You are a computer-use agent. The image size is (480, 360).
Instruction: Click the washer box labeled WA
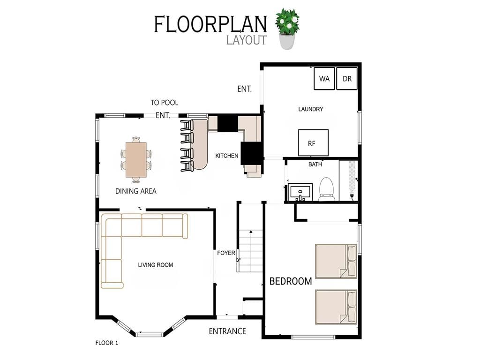(x=324, y=78)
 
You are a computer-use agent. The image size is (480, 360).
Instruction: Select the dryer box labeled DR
(x=347, y=78)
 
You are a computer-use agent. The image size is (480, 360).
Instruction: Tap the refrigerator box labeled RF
(x=313, y=142)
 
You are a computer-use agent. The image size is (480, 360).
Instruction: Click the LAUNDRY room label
(x=311, y=109)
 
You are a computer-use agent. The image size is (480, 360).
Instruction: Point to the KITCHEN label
(x=227, y=156)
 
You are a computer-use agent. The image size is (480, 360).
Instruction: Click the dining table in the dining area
(x=136, y=160)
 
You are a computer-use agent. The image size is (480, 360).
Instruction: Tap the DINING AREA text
(x=136, y=191)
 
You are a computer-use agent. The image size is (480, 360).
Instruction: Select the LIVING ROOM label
(x=156, y=265)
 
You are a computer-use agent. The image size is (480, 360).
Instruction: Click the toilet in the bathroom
(x=326, y=189)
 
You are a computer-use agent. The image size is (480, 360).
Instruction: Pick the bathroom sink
(x=300, y=192)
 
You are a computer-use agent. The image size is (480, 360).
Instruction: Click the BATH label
(x=315, y=165)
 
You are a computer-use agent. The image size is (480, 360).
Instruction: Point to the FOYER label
(x=226, y=253)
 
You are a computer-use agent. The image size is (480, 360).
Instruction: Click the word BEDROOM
(x=291, y=281)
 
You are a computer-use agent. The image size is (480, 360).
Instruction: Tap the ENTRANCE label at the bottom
(x=227, y=331)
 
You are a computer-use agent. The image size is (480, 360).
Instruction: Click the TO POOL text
(x=165, y=103)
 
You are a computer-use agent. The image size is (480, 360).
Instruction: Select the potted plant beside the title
(x=287, y=29)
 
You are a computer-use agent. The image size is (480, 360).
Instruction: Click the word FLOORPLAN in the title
(x=210, y=24)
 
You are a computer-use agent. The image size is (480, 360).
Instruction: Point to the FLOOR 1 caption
(x=107, y=343)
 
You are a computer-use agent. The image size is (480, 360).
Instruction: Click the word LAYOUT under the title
(x=247, y=40)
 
